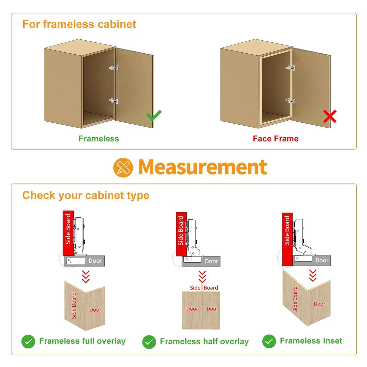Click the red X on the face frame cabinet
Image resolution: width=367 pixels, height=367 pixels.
coord(330,116)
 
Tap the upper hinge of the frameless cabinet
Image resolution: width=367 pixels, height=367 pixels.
coord(114,68)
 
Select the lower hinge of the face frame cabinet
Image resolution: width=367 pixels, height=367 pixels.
coord(290,101)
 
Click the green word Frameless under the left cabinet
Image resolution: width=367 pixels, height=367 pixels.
coord(99,138)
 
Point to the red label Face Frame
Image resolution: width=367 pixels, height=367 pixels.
coord(275,138)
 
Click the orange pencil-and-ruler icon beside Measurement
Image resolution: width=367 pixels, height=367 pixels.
coord(123,167)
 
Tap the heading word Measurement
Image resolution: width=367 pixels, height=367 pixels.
coord(203,167)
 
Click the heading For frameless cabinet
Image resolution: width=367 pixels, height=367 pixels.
coord(79,24)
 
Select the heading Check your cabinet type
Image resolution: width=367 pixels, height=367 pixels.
coord(86,195)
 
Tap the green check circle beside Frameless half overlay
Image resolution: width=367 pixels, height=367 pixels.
coord(149,342)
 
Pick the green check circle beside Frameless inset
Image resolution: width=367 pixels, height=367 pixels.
coord(269,341)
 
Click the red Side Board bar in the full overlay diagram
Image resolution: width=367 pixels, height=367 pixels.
coord(68,233)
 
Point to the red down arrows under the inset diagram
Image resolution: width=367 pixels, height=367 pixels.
coord(313,276)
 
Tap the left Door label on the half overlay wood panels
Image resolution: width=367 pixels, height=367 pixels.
coord(192,309)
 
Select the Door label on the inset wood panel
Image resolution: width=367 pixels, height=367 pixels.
coord(320,304)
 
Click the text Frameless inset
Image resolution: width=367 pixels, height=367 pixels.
coord(311,341)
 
